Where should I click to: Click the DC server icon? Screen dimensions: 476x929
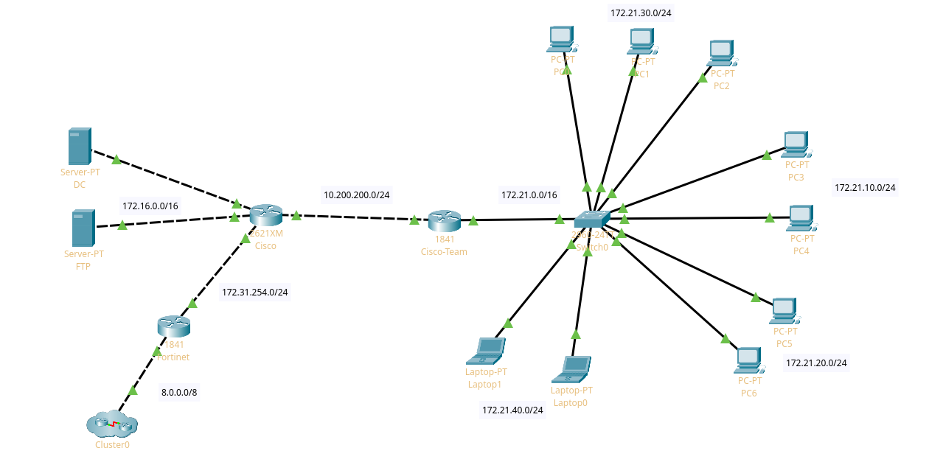(x=79, y=146)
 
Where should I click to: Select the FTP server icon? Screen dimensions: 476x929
(x=83, y=228)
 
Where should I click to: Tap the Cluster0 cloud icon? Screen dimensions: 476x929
(x=112, y=424)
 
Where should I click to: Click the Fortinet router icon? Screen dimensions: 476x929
(x=174, y=326)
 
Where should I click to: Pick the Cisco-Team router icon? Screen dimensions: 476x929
(x=444, y=220)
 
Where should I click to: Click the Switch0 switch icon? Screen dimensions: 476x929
(x=591, y=219)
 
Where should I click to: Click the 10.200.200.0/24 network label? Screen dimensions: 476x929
(x=357, y=195)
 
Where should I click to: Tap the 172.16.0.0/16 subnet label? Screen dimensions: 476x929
(x=150, y=206)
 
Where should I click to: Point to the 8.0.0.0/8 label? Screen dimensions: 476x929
(x=179, y=393)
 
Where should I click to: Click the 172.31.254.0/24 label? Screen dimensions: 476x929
(x=255, y=293)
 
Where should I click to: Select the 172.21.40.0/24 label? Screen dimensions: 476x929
(x=513, y=410)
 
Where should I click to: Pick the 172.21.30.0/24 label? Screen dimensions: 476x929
(x=641, y=13)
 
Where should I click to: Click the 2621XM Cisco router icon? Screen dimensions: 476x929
(x=265, y=215)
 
